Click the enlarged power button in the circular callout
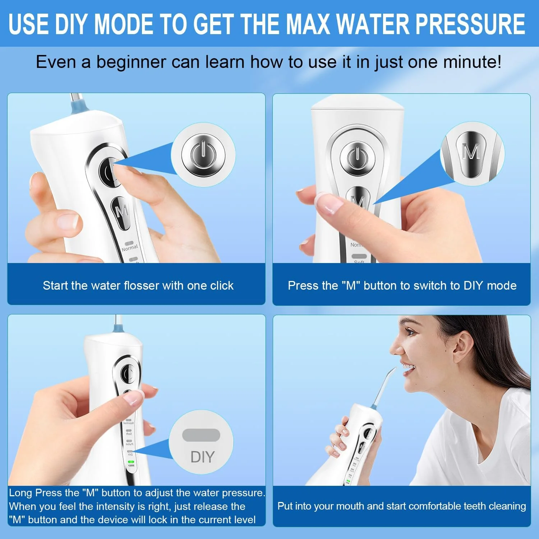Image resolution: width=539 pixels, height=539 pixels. click(x=203, y=155)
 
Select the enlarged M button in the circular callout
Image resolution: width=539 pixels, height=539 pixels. click(x=471, y=154)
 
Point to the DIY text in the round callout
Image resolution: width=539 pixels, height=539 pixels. click(x=202, y=457)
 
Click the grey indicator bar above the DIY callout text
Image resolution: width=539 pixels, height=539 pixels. click(x=201, y=435)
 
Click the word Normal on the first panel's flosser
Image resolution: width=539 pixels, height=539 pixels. click(x=130, y=248)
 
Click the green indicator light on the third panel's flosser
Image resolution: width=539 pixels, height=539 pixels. click(x=131, y=462)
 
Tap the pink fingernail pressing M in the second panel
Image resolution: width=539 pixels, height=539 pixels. click(x=330, y=204)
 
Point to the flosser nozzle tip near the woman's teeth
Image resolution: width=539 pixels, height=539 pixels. click(x=394, y=369)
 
